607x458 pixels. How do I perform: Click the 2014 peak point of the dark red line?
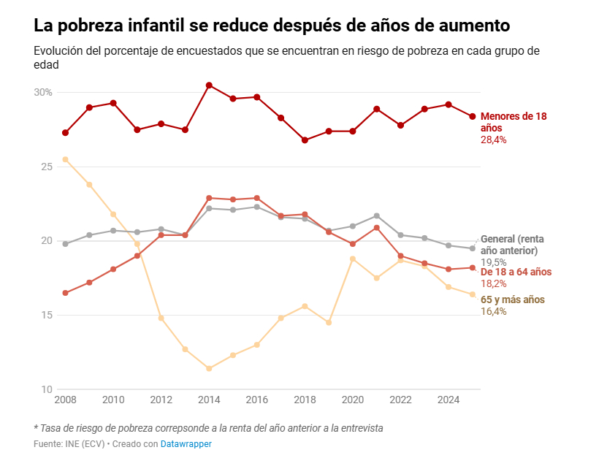click(209, 85)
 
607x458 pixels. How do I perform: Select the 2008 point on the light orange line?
click(66, 159)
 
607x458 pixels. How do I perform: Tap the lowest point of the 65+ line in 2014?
click(209, 368)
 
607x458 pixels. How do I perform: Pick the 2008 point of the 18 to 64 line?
click(66, 293)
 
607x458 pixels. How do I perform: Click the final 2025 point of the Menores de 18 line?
click(473, 117)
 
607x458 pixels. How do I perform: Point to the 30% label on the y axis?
click(43, 93)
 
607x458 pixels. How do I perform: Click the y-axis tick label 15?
click(46, 316)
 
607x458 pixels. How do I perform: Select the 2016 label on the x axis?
click(256, 400)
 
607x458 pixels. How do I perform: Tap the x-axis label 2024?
click(448, 400)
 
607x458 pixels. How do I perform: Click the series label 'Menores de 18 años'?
click(513, 122)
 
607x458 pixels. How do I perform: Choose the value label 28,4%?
click(493, 140)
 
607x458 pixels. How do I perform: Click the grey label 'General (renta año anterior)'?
click(513, 245)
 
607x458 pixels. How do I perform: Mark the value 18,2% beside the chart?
click(493, 283)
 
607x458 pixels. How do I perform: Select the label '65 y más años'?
click(512, 299)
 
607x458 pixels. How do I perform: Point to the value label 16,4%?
click(493, 311)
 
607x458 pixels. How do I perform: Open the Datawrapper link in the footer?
click(186, 443)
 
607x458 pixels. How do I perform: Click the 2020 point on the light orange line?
click(353, 259)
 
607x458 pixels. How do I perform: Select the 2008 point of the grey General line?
click(66, 244)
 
